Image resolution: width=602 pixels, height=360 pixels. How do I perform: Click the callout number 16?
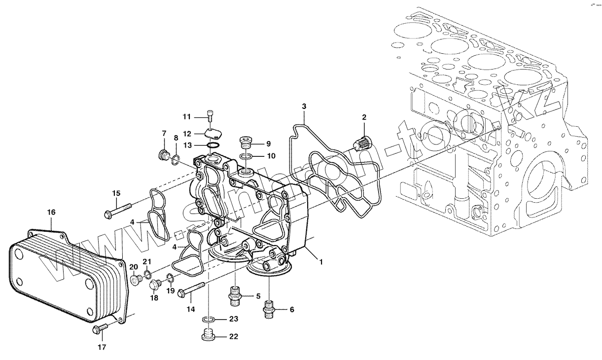click(x=51, y=212)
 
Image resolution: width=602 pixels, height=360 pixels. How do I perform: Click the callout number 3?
click(x=304, y=106)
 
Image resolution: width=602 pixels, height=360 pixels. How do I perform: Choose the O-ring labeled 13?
click(x=213, y=145)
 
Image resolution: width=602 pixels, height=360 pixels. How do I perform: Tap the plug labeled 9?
click(x=245, y=143)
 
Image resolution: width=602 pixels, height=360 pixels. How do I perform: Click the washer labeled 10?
click(x=247, y=156)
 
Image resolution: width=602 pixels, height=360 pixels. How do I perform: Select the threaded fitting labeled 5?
click(x=236, y=295)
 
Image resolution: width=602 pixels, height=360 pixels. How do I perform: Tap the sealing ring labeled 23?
click(x=209, y=320)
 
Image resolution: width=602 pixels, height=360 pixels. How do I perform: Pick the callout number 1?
click(x=321, y=262)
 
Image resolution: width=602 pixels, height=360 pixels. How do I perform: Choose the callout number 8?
click(x=177, y=138)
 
